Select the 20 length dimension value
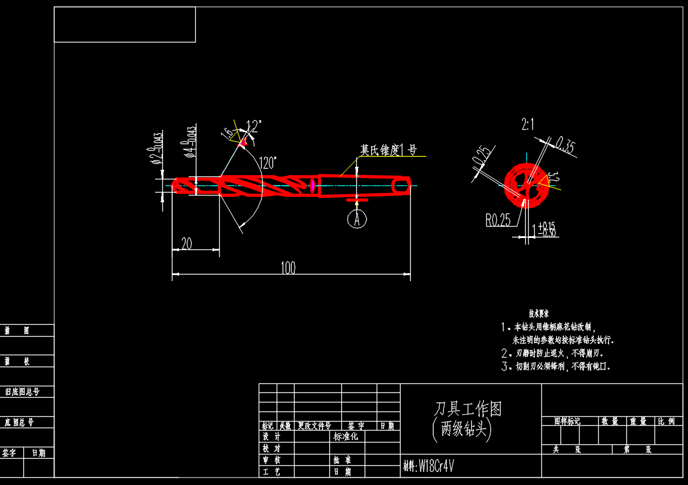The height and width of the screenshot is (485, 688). click(x=187, y=243)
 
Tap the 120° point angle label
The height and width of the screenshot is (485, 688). click(x=268, y=162)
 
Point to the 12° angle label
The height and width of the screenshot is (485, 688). click(x=254, y=126)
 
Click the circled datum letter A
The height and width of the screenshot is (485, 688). click(x=357, y=219)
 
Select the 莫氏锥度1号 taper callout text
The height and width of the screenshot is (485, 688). click(x=388, y=150)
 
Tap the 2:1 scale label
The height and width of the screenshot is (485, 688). click(x=528, y=124)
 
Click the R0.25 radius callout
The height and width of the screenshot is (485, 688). click(x=498, y=220)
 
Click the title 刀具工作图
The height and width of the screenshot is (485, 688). click(x=468, y=409)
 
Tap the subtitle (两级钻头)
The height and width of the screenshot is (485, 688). click(x=462, y=429)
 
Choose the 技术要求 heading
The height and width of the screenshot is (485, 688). click(x=538, y=313)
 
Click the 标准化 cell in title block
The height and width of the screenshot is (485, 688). click(x=346, y=437)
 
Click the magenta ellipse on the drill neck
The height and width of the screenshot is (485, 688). click(x=313, y=185)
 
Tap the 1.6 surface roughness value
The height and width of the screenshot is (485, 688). click(x=228, y=133)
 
